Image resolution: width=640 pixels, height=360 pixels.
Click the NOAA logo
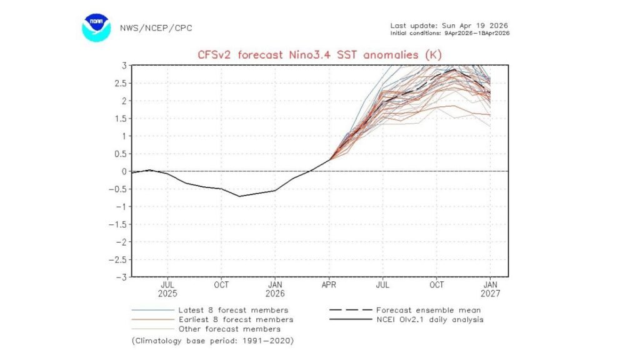point(96,27)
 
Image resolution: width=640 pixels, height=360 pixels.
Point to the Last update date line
point(449,25)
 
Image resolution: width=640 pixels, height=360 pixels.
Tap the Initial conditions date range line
point(449,32)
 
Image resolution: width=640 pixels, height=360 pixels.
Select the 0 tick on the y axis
point(125,171)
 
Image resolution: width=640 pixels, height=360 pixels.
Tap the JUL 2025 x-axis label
point(167,288)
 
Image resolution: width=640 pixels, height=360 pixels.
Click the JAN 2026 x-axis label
point(275,288)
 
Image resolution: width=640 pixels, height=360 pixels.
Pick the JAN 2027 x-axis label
point(490,288)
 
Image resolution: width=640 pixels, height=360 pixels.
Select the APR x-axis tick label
point(329,284)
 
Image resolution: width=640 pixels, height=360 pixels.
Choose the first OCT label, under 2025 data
point(221,284)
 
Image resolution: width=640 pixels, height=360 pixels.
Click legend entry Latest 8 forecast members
point(233,310)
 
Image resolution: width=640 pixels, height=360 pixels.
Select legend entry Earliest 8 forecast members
point(236,319)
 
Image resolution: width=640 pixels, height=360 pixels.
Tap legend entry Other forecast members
point(229,329)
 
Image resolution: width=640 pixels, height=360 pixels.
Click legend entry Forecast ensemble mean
point(428,310)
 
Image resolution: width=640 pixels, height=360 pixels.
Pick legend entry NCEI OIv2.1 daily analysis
point(430,319)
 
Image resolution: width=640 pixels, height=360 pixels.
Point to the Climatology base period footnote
point(212,341)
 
